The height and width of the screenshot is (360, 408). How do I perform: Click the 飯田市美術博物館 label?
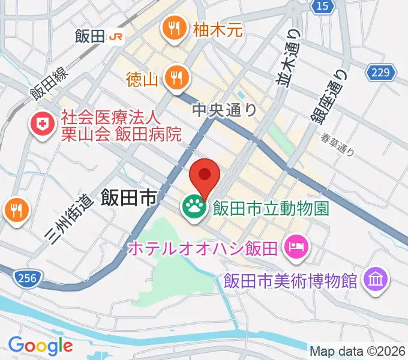(x=290, y=280)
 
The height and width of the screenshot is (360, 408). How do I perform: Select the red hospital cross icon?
(x=42, y=124)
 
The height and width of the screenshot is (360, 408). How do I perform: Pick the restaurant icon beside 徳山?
(x=176, y=77)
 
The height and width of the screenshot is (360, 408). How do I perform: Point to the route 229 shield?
(x=380, y=73)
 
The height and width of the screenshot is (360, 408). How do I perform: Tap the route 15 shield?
(x=323, y=6)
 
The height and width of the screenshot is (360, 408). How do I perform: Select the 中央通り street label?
(x=224, y=110)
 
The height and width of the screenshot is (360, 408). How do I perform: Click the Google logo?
(x=40, y=345)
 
